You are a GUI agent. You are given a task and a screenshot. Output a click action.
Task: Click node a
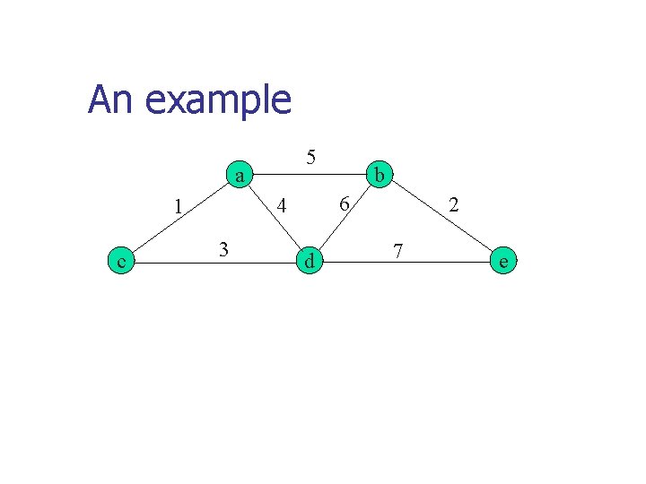pyautogui.click(x=239, y=175)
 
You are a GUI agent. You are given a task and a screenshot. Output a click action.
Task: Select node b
pyautogui.click(x=380, y=175)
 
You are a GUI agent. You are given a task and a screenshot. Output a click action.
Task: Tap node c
pyautogui.click(x=120, y=261)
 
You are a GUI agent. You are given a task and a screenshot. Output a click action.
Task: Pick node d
pyautogui.click(x=309, y=261)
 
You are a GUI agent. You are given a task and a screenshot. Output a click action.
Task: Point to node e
pyautogui.click(x=503, y=261)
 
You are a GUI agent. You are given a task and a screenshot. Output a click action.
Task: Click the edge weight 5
pyautogui.click(x=310, y=157)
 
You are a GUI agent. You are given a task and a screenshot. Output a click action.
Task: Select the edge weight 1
pyautogui.click(x=179, y=206)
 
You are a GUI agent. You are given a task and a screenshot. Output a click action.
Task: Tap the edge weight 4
pyautogui.click(x=282, y=206)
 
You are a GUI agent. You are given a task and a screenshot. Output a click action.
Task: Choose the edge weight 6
pyautogui.click(x=343, y=204)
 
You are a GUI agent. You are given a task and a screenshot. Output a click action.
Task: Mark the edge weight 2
pyautogui.click(x=454, y=205)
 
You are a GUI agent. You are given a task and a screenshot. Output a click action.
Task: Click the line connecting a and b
pyautogui.click(x=310, y=175)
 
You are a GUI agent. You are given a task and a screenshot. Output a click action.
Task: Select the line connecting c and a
pyautogui.click(x=179, y=218)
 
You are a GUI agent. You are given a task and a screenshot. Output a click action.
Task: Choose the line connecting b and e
pyautogui.click(x=441, y=218)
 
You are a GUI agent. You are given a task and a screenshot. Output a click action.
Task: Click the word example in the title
pyautogui.click(x=217, y=100)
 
